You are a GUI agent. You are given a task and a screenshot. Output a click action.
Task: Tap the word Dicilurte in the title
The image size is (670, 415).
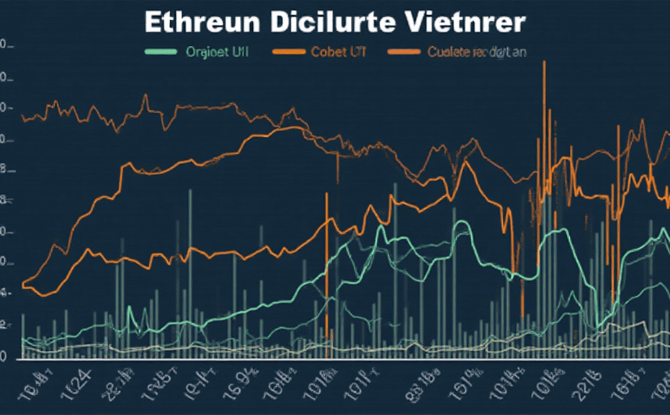[x=334, y=22]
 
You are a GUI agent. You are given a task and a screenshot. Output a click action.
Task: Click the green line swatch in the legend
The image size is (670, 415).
[x=160, y=52]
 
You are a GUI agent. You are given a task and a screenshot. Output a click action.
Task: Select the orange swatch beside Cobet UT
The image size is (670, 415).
[x=287, y=52]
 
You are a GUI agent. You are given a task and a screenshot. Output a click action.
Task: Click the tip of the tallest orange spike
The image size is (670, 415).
[x=544, y=62]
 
